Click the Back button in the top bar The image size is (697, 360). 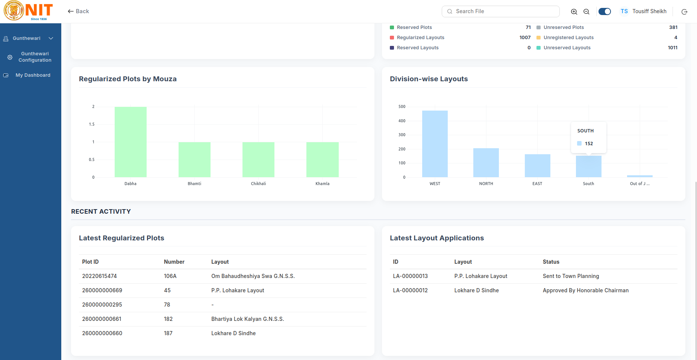(78, 11)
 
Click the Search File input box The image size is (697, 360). (500, 11)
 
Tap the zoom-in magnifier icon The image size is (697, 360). (574, 12)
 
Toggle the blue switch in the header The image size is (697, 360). (605, 11)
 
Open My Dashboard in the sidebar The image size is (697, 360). (33, 75)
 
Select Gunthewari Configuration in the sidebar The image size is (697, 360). (35, 57)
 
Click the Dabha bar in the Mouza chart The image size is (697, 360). (130, 142)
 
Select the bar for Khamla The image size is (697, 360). (323, 159)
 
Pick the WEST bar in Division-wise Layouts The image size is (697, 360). (435, 144)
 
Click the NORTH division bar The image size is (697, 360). (486, 163)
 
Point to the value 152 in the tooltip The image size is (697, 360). (589, 144)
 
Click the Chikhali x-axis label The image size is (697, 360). (258, 184)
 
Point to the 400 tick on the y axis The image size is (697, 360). (402, 121)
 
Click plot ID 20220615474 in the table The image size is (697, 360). (99, 276)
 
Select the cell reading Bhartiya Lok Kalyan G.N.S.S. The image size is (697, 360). (247, 319)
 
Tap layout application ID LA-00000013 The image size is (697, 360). (410, 276)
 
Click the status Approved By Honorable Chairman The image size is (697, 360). (585, 290)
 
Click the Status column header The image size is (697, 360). (551, 262)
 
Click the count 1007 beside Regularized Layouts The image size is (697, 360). (525, 38)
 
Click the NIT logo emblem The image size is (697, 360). (14, 11)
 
